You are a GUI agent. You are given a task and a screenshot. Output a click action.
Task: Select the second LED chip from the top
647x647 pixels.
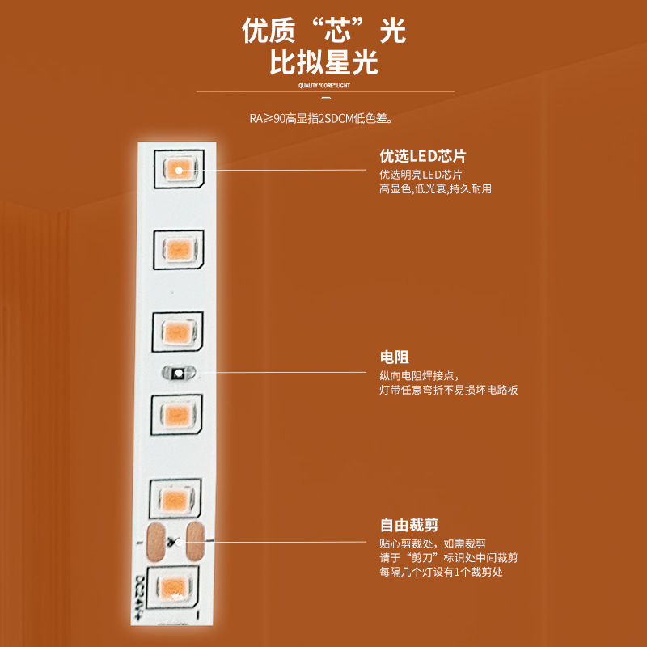click(175, 247)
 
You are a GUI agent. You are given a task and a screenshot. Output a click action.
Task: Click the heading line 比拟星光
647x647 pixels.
click(323, 62)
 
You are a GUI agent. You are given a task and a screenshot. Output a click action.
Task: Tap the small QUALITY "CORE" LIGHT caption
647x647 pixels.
click(323, 84)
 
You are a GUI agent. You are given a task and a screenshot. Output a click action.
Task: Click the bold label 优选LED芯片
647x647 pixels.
click(423, 156)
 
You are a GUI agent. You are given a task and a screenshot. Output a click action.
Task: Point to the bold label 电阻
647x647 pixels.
click(394, 357)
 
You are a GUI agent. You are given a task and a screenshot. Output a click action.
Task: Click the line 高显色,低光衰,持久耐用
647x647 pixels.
click(435, 189)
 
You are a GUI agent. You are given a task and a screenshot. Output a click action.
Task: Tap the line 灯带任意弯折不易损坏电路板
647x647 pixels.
click(448, 390)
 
